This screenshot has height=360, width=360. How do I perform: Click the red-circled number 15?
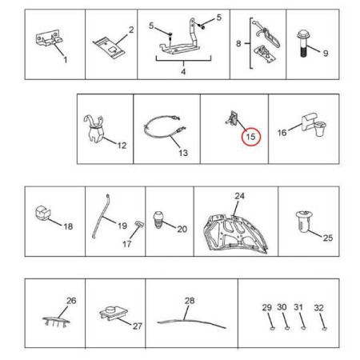[250, 137]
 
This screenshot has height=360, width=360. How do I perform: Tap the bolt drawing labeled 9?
[303, 44]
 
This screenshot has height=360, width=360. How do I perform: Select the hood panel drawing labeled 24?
[235, 234]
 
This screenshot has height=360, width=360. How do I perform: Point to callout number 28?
[190, 301]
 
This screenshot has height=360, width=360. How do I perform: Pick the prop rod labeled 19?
[100, 217]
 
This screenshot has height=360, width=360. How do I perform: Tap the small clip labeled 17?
[139, 224]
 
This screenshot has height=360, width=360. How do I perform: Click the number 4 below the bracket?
[183, 72]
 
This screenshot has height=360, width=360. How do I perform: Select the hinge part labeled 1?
[49, 39]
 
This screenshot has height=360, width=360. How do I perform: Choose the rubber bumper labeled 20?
[159, 219]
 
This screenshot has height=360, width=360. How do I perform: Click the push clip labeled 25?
[304, 222]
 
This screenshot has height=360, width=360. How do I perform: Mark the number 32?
[318, 308]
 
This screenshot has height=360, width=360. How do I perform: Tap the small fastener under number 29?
[272, 328]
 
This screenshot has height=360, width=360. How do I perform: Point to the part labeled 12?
[94, 129]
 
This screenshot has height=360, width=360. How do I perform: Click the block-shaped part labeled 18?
[42, 214]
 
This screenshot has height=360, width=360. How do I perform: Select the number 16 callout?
[282, 133]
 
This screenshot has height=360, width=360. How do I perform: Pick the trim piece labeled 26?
[56, 321]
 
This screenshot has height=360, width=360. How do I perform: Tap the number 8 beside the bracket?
[238, 43]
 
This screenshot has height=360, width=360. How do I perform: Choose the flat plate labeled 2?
[110, 47]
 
